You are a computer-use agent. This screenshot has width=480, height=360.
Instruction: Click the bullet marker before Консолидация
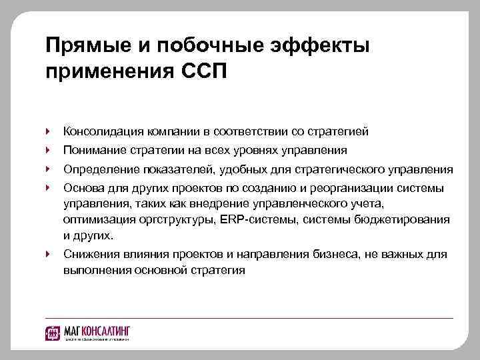coord(47,131)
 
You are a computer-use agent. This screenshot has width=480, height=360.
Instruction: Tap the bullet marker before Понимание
coord(47,150)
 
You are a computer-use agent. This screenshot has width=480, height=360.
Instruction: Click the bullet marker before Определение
coord(47,169)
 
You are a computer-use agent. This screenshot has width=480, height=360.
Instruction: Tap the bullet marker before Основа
coord(47,188)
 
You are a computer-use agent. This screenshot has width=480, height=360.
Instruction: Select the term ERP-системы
coord(260,219)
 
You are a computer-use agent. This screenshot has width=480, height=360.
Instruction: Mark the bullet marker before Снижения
coord(47,254)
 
